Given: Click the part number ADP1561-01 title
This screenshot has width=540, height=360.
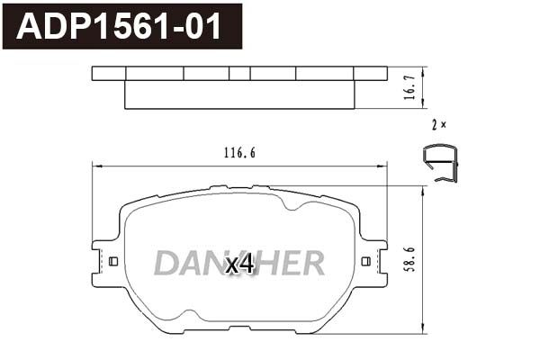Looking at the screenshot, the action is [119, 26].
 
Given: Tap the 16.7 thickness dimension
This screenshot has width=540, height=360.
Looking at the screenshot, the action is [410, 88].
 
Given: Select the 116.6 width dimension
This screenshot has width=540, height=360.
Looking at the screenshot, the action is [239, 153].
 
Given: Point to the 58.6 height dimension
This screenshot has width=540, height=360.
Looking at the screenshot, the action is [410, 259].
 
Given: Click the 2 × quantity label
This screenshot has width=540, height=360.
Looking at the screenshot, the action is [439, 125].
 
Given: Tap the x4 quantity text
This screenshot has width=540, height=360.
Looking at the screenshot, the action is [240, 265].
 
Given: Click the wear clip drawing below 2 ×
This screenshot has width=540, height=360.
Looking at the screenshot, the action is [441, 163].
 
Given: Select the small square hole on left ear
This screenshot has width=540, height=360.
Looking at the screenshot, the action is [113, 262].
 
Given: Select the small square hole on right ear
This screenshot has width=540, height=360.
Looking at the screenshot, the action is [366, 262].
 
